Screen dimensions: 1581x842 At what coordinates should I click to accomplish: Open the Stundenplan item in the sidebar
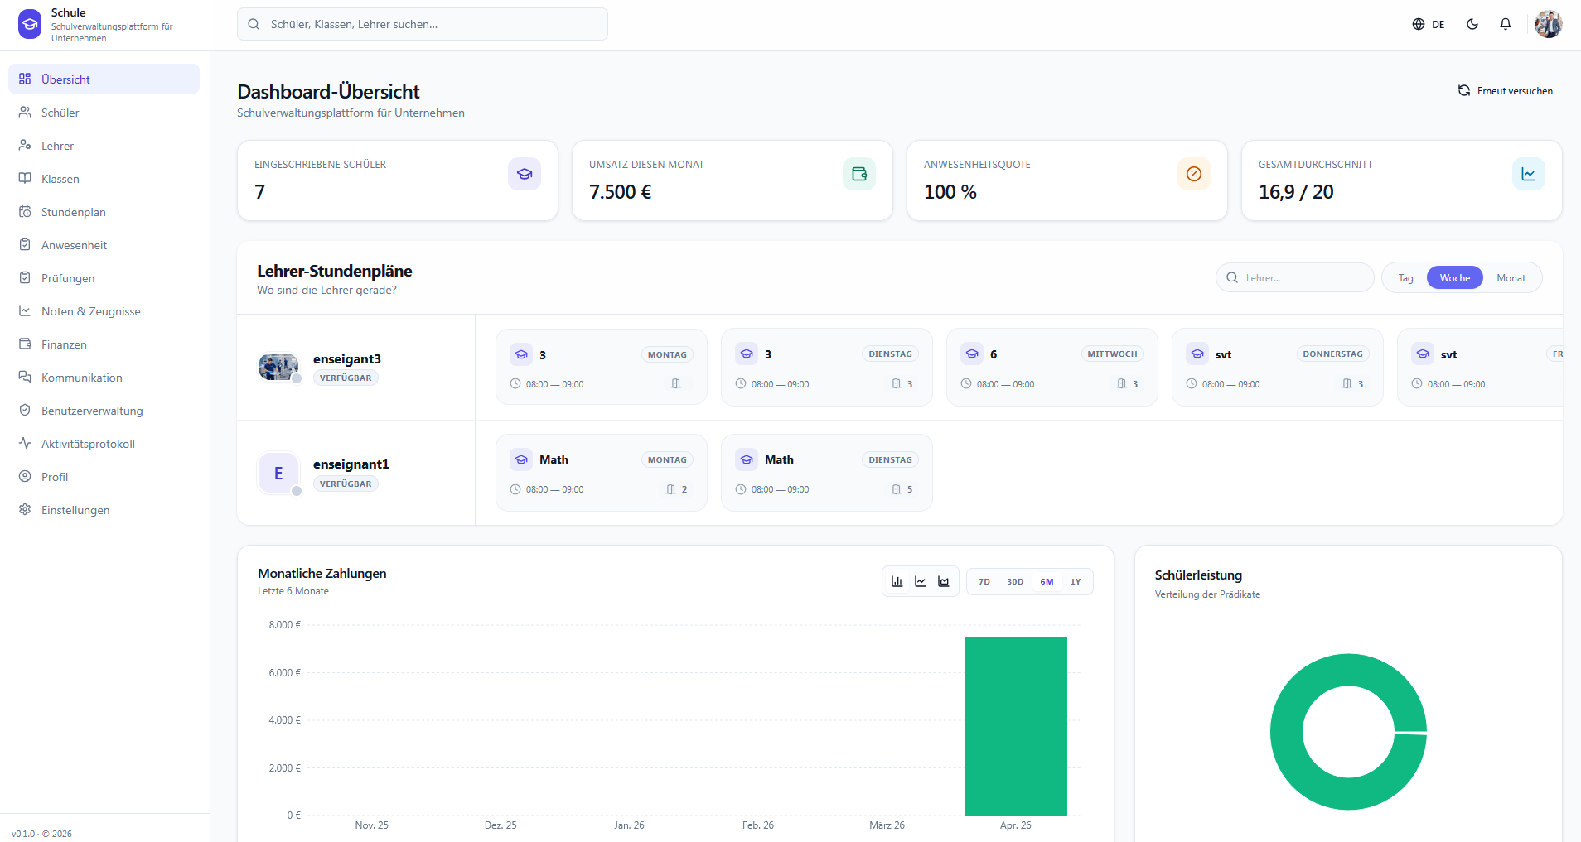(x=73, y=212)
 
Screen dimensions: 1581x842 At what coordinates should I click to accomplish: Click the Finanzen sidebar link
(x=64, y=344)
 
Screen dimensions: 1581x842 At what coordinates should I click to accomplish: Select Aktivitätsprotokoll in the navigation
(x=88, y=444)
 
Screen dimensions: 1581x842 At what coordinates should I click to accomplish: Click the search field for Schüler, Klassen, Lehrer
(x=423, y=24)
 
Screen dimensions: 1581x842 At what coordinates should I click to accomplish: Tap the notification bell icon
(x=1506, y=24)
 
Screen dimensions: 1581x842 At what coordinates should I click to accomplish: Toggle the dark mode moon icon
(x=1472, y=24)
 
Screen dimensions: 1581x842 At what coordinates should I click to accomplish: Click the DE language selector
(x=1429, y=24)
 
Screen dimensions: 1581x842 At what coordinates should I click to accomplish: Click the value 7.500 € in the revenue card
(x=620, y=192)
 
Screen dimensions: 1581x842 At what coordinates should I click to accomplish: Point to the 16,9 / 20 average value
(x=1296, y=192)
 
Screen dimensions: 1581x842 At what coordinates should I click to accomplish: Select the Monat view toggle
(x=1511, y=278)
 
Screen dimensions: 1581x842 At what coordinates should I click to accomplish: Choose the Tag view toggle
(x=1405, y=278)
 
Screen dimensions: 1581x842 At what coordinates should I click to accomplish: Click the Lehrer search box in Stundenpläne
(x=1295, y=278)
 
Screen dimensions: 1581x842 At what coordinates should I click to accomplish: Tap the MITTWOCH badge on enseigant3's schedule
(x=1112, y=354)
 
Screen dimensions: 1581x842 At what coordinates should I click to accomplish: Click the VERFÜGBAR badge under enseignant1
(x=346, y=484)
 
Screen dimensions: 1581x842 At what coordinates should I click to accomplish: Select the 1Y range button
(x=1076, y=582)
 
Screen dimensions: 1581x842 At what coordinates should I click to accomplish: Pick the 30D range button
(x=1015, y=582)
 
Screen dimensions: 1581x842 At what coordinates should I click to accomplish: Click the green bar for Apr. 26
(x=1016, y=726)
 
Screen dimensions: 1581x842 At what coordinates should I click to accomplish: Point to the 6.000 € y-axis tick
(x=285, y=673)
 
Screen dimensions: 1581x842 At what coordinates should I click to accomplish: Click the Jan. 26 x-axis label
(x=629, y=825)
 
